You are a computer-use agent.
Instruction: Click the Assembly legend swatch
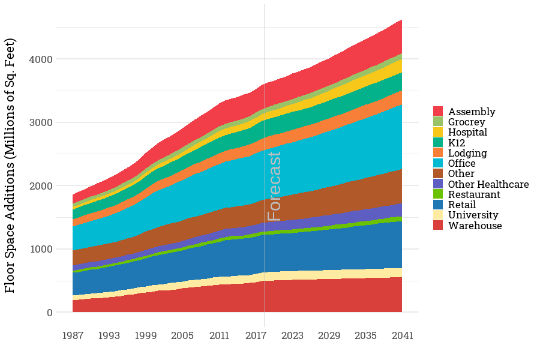pos(438,112)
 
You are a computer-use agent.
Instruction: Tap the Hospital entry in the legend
pos(467,132)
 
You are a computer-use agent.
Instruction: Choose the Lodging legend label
pos(467,153)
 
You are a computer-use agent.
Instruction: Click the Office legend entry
pos(461,163)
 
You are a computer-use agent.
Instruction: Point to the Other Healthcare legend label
pos(488,184)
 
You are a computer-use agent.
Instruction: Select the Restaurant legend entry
pos(474,194)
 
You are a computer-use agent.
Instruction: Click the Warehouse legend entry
pos(475,226)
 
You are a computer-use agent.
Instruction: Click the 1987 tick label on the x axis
pos(73,335)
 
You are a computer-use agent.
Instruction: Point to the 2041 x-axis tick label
pos(402,335)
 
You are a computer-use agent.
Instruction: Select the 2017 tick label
pos(256,335)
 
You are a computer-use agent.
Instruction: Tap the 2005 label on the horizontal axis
pos(182,335)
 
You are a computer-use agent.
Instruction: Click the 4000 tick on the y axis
pos(41,59)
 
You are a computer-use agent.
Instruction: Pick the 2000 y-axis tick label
pos(41,186)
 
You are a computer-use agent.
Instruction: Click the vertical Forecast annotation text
pos(274,186)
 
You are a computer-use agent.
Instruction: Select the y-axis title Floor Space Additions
pos(10,166)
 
